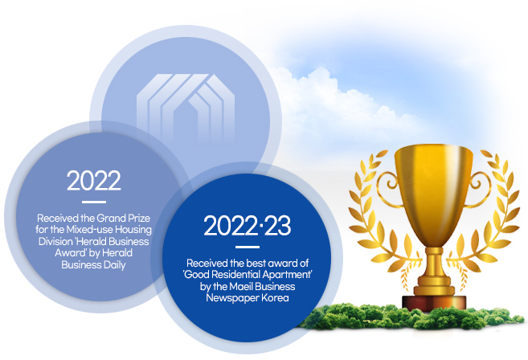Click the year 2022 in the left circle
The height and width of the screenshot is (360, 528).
93,181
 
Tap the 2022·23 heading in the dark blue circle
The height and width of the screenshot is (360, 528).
248,226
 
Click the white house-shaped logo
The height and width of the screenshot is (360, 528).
186,108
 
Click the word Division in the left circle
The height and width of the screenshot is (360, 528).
55,241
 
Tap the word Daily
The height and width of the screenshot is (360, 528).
114,265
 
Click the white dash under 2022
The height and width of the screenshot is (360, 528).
94,202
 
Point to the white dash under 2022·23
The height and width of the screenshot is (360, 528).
248,247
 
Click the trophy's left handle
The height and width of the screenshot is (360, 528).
390,189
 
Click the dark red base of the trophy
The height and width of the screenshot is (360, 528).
434,302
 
